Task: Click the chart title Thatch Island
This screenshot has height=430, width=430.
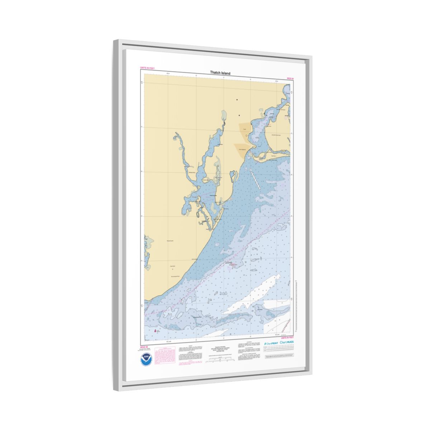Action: click(x=220, y=73)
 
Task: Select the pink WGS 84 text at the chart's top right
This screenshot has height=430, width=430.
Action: click(x=290, y=78)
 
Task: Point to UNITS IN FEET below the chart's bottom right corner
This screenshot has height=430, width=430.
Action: click(x=287, y=338)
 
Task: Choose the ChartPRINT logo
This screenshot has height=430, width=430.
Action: click(x=271, y=343)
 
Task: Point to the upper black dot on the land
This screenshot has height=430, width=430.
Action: click(x=236, y=100)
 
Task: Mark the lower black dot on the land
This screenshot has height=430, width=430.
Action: click(x=239, y=115)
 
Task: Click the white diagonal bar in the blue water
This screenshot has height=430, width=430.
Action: click(x=256, y=180)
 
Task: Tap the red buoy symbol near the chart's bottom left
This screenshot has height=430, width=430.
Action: click(x=155, y=331)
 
